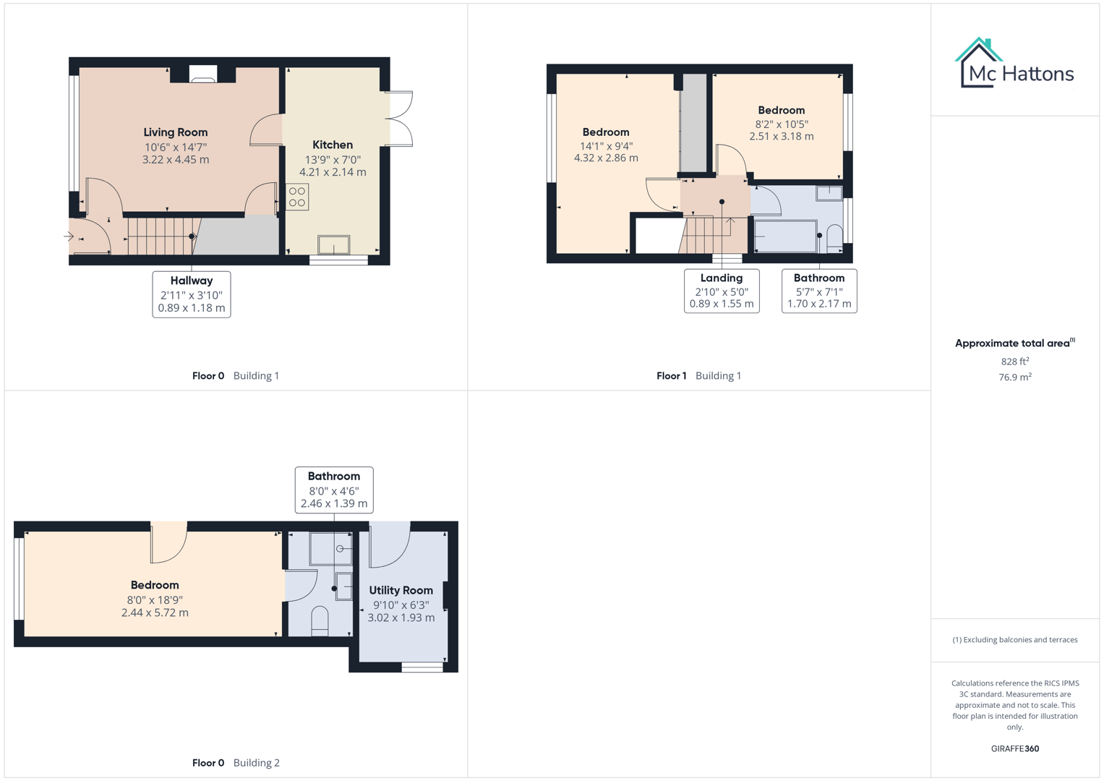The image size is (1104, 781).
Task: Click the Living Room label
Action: point(175,132)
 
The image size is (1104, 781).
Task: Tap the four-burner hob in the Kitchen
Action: point(297,197)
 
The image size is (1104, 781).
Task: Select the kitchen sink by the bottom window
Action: point(333,245)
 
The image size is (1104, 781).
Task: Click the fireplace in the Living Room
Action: point(203,74)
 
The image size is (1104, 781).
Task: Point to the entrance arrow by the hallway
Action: point(69,236)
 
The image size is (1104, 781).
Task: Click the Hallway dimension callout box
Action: point(192,294)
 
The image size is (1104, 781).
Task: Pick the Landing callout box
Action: point(722,291)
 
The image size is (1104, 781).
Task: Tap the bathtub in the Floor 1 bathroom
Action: point(785,236)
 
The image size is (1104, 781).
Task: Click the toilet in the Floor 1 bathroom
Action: point(834,238)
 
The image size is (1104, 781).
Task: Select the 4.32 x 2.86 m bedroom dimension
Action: point(606,158)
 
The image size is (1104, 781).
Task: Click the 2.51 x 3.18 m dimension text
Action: point(781,136)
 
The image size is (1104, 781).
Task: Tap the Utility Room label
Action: point(401,590)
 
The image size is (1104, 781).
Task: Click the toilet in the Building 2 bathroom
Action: point(320,621)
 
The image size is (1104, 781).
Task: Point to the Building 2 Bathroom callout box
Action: point(334,490)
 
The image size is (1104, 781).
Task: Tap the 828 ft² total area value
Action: point(1015,361)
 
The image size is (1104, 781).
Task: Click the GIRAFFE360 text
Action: point(1014,748)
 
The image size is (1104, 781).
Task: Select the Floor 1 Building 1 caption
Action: point(698,375)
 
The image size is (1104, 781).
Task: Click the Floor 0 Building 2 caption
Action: point(236,762)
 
